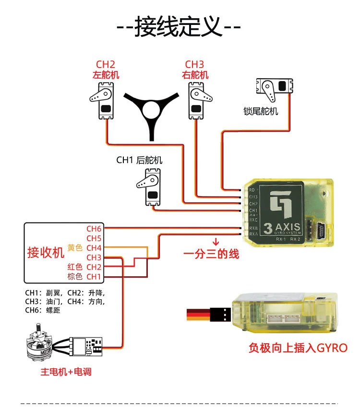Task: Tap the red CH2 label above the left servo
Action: click(106, 65)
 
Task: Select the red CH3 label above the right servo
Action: click(195, 65)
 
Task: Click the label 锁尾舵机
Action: click(261, 112)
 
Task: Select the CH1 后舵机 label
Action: click(139, 160)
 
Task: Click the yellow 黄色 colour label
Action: click(75, 248)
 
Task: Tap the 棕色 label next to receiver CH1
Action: click(75, 277)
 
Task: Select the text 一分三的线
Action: click(211, 254)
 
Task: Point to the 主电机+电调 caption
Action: click(66, 372)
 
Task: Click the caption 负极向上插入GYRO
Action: click(298, 348)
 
